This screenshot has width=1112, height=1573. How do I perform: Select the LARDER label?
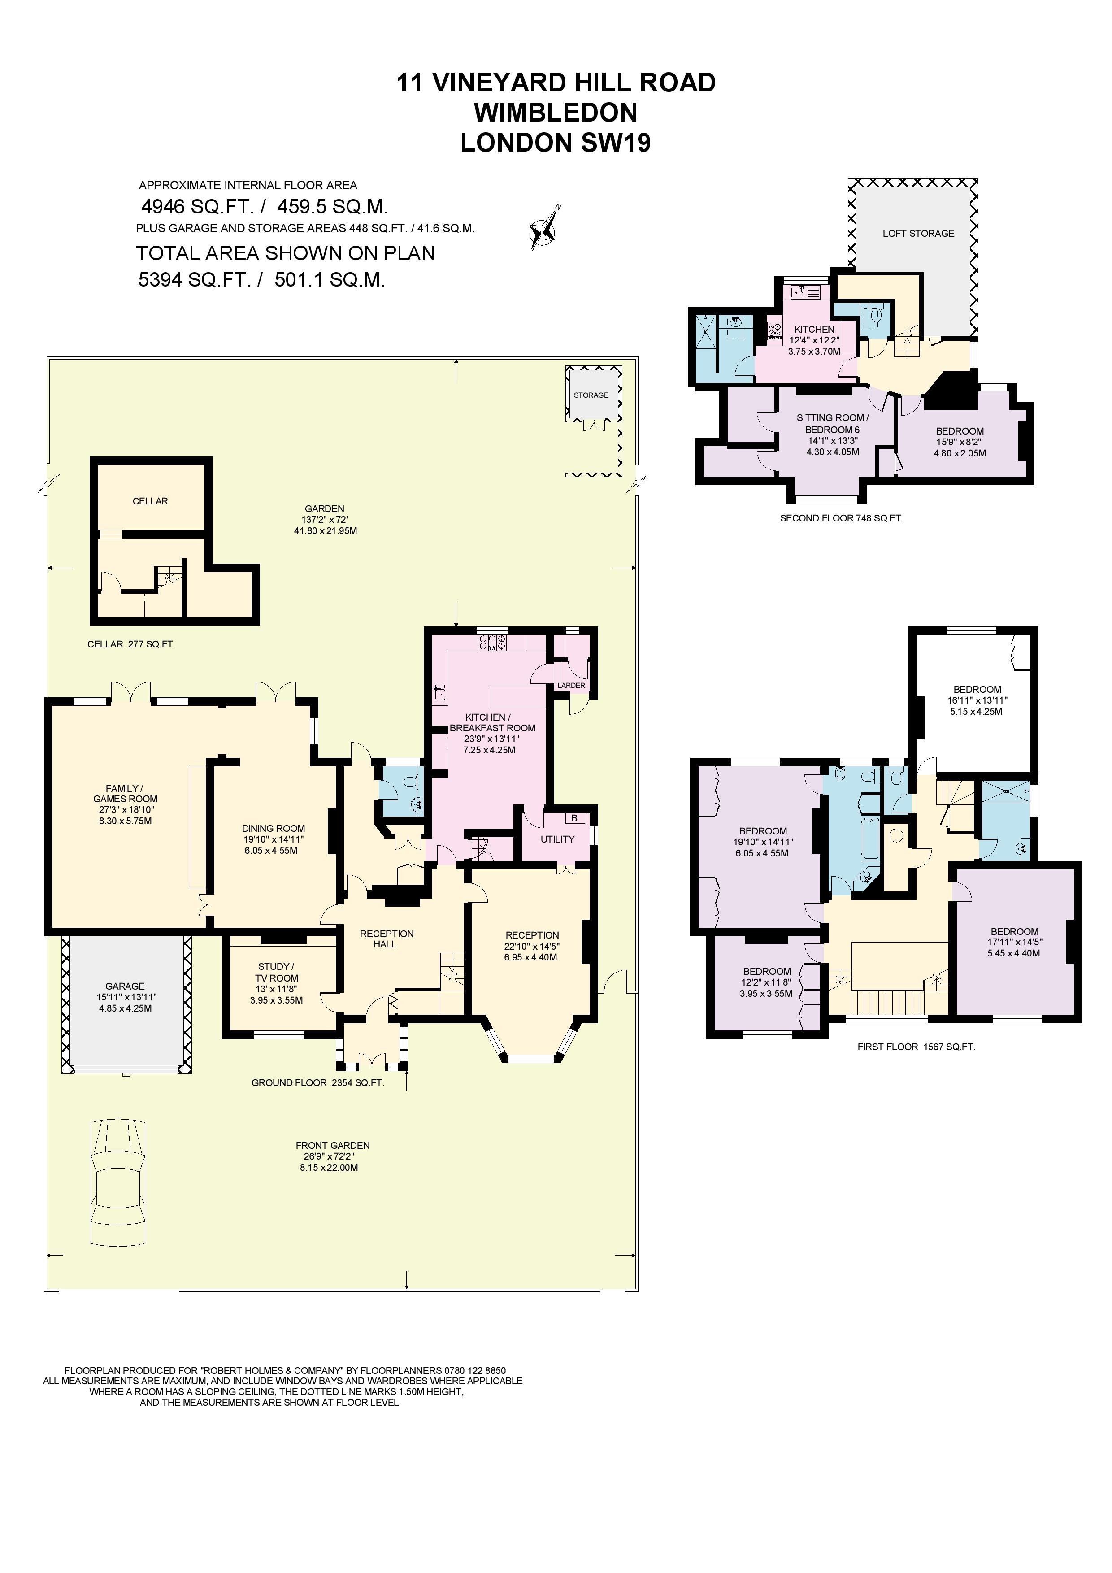(x=571, y=685)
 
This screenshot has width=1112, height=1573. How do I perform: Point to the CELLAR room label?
(x=150, y=501)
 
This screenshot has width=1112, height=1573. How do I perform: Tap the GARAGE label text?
(x=125, y=986)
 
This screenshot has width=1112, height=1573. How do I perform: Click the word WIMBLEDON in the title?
(x=556, y=113)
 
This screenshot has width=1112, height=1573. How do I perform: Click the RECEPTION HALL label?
(x=387, y=939)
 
